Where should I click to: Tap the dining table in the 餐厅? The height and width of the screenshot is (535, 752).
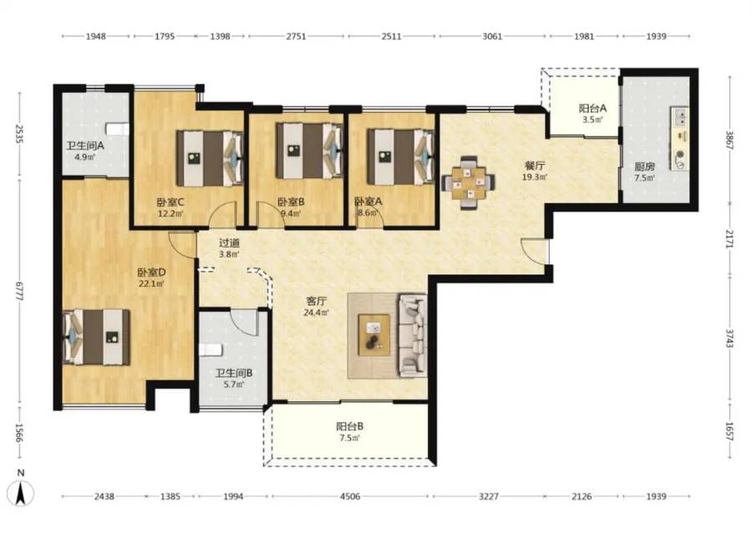pos(468,183)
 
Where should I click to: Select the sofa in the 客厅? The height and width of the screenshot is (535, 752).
pos(413,334)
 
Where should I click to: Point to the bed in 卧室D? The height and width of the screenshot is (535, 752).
pos(96,337)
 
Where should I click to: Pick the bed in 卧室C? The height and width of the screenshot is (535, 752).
pos(210,158)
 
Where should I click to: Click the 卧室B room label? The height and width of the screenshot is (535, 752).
pos(291,201)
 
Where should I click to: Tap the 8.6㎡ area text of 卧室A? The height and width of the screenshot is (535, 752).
pos(367,212)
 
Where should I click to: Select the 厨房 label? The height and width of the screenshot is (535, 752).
pos(644,166)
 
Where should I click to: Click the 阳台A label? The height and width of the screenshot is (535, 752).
pos(592,109)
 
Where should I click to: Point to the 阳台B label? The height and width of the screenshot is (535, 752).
pos(349,426)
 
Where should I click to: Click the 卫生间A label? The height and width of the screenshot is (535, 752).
pos(85,145)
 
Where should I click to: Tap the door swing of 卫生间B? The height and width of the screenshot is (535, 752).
pos(245,323)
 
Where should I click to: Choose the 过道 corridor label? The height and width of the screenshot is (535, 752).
pos(229,243)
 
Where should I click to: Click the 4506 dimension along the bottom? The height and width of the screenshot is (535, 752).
pos(350,497)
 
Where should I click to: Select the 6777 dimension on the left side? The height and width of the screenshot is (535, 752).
pos(20,291)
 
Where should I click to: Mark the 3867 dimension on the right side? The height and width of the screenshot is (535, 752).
pos(729,140)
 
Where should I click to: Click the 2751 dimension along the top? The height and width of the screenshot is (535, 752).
pos(296,36)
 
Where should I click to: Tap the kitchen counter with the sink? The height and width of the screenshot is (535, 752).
pos(680,139)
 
